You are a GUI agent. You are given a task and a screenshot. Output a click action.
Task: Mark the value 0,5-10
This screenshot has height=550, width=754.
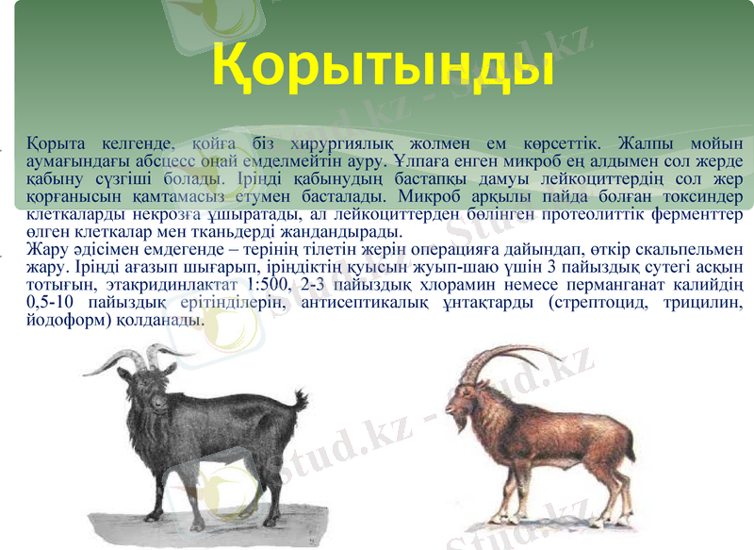(x=56, y=303)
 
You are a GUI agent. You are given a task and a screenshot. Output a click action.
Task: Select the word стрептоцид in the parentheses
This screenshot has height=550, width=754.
(x=584, y=303)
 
